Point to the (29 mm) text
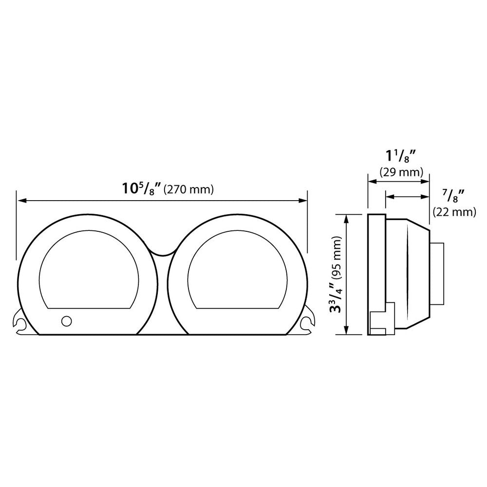tap(400, 172)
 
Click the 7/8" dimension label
tap(451, 197)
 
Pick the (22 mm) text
tap(454, 211)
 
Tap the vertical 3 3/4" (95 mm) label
tap(337, 274)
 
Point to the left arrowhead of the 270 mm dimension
tap(20, 200)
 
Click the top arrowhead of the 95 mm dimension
tap(346, 217)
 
